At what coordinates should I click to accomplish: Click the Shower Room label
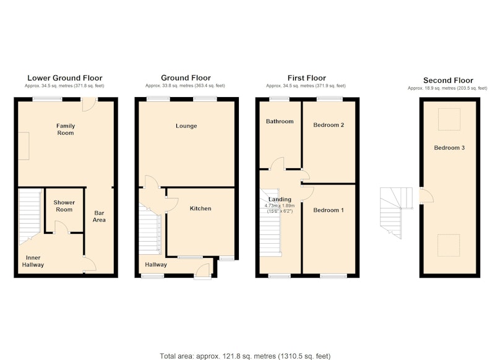tap(64, 206)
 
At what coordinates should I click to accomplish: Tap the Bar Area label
tap(99, 216)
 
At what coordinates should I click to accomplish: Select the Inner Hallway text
tap(33, 261)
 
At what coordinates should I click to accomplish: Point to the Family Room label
tap(66, 129)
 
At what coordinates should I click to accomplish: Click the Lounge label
tap(186, 126)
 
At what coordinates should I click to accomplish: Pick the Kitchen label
tap(200, 208)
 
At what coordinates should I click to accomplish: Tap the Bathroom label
tap(280, 121)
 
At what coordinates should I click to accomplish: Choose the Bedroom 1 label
tap(329, 210)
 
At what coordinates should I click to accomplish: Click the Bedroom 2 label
tap(329, 125)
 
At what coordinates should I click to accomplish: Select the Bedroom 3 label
tap(449, 148)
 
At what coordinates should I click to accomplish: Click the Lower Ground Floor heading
tap(65, 78)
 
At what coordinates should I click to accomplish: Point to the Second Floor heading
tap(448, 80)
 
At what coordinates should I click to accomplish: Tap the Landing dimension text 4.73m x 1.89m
tap(280, 206)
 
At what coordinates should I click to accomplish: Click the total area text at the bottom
tap(245, 356)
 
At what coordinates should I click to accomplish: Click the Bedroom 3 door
tap(426, 195)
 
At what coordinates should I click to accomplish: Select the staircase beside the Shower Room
tap(30, 216)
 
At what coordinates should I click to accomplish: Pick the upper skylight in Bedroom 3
tap(449, 119)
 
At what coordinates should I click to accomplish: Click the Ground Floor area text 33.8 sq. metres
tap(185, 86)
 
